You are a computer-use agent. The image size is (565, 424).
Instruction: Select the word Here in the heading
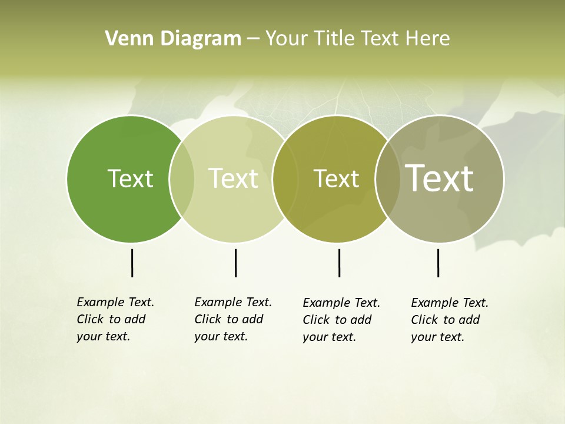[x=428, y=39]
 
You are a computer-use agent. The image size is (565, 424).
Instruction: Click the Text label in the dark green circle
[x=130, y=178]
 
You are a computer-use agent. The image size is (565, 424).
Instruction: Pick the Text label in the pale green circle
[x=233, y=178]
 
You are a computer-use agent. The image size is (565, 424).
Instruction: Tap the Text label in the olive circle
[x=336, y=179]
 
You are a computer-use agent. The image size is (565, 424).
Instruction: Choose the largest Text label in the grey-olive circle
[x=440, y=178]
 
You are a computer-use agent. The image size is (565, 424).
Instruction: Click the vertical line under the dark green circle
[x=132, y=263]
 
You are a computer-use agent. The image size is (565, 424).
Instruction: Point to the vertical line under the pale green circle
[x=235, y=263]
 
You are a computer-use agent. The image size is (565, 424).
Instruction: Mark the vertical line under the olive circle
[x=339, y=263]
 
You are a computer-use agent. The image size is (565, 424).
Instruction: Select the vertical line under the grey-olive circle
[x=438, y=263]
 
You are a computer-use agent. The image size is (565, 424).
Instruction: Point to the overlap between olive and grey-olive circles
[x=387, y=178]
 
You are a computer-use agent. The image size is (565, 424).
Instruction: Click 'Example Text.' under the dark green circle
[x=115, y=302]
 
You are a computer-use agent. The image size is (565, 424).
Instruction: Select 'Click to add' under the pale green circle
[x=228, y=319]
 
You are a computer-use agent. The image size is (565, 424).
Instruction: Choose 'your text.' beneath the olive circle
[x=329, y=337]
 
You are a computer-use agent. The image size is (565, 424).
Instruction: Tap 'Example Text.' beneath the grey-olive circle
[x=450, y=303]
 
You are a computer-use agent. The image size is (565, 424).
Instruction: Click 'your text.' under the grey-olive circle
[x=437, y=337]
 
